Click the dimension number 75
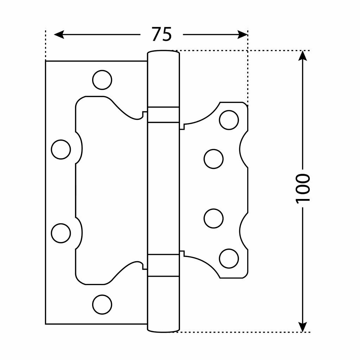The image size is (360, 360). pyautogui.click(x=162, y=34)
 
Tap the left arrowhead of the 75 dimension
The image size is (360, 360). pyautogui.click(x=59, y=34)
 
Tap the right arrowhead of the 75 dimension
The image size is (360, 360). pyautogui.click(x=243, y=34)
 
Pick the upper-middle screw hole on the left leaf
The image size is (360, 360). pyautogui.click(x=61, y=149)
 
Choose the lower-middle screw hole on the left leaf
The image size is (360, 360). pyautogui.click(x=61, y=233)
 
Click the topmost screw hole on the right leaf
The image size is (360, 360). pyautogui.click(x=229, y=120)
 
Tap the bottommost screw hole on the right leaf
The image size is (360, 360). pyautogui.click(x=229, y=258)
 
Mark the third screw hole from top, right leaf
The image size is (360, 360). pyautogui.click(x=213, y=218)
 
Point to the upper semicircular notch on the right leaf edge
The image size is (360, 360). pyautogui.click(x=243, y=149)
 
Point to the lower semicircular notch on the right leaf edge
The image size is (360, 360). pyautogui.click(x=243, y=230)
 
